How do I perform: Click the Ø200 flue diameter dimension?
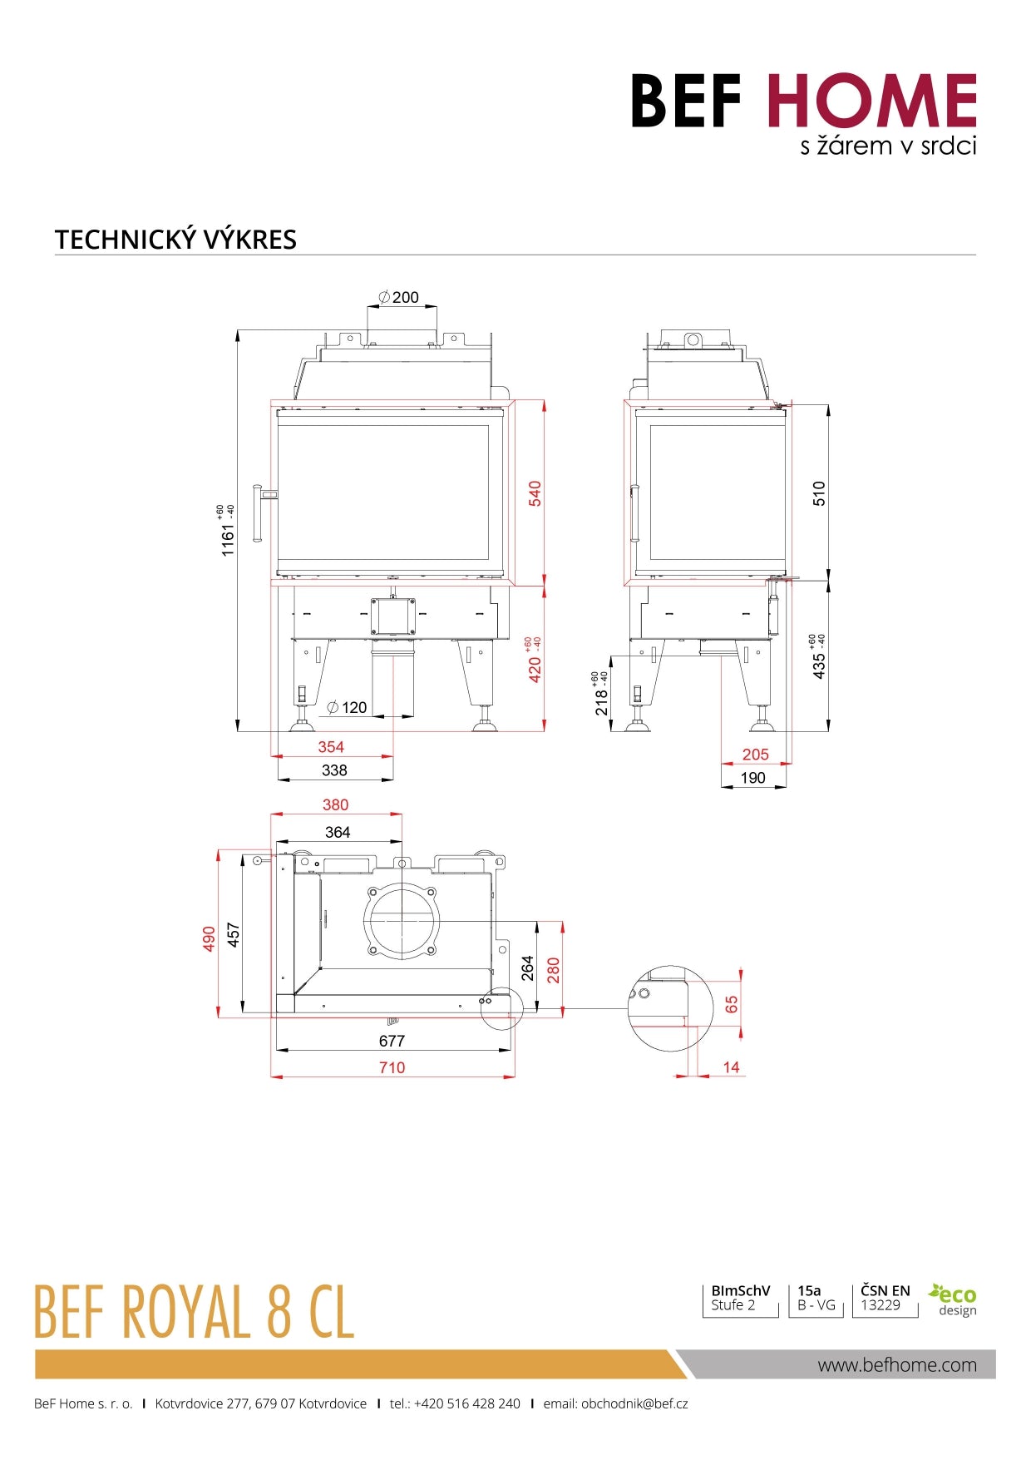[x=399, y=297]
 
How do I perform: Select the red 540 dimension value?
[x=535, y=492]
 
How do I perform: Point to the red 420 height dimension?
[x=535, y=669]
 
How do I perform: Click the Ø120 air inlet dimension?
[x=348, y=707]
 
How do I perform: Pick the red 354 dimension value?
[x=331, y=747]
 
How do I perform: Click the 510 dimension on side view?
[x=819, y=493]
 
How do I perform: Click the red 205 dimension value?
[x=755, y=755]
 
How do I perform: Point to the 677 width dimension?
[x=392, y=1041]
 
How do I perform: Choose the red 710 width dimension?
[x=392, y=1067]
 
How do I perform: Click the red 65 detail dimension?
[x=732, y=1004]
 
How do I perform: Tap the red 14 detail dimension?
[x=731, y=1067]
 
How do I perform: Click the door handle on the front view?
[x=259, y=513]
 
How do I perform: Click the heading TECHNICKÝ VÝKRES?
[x=175, y=240]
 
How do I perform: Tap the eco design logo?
[x=954, y=1299]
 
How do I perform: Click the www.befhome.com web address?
[x=896, y=1364]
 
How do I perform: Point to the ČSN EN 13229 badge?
[x=885, y=1298]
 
